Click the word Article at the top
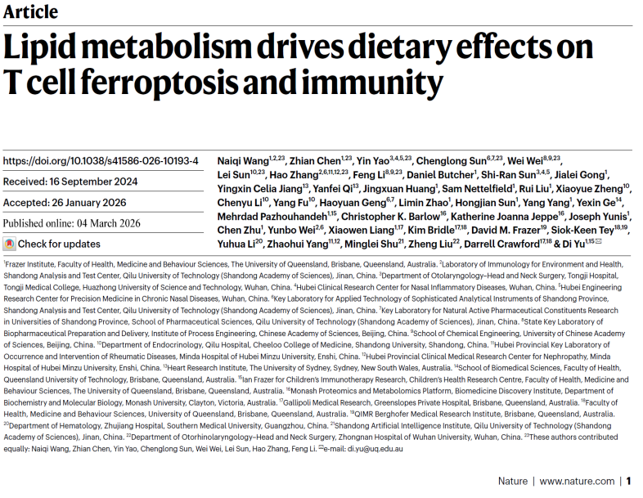[x=30, y=11]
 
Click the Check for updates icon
[x=9, y=244]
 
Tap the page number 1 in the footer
[x=629, y=482]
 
